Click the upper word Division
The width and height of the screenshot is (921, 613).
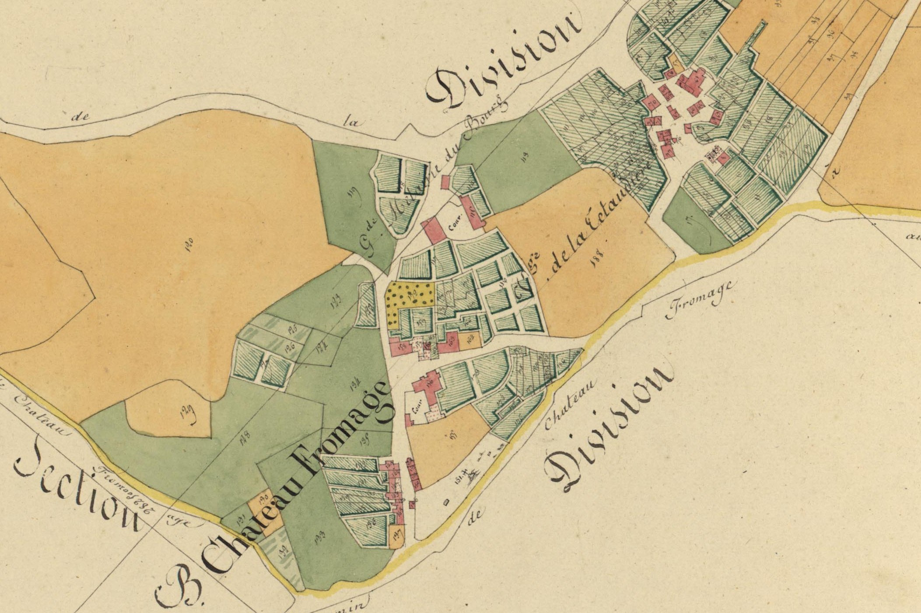click(x=503, y=61)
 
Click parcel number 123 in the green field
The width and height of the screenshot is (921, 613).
click(x=336, y=302)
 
